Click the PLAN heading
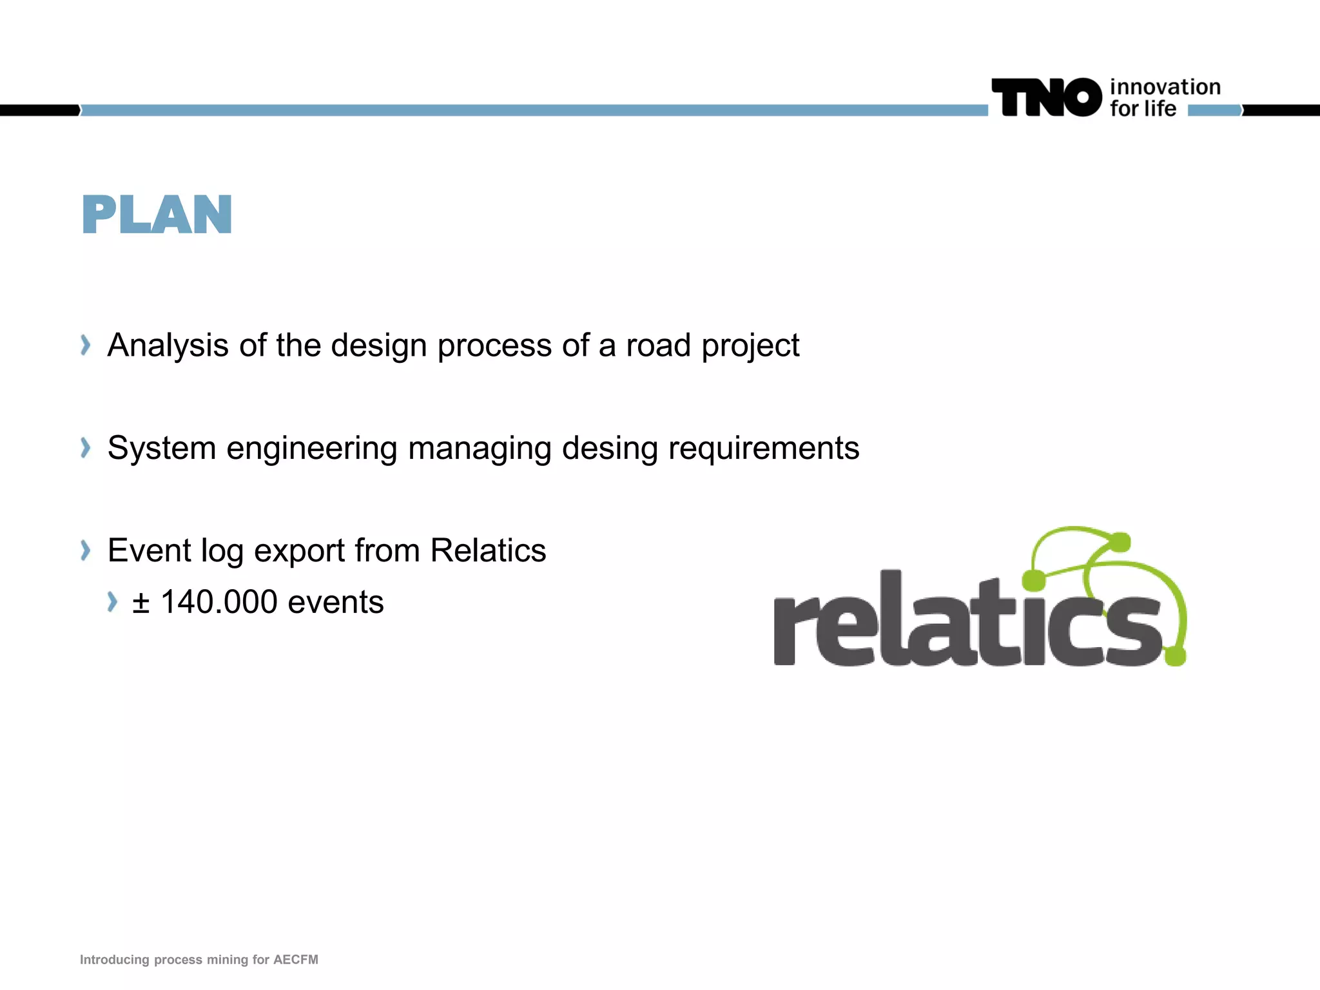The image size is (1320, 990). click(157, 215)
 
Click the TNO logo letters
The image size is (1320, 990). click(1046, 97)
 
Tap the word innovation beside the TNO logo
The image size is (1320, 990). click(1165, 87)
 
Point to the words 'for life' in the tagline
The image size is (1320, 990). click(1143, 109)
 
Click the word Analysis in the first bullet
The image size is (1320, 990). click(168, 345)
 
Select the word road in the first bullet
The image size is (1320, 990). click(657, 345)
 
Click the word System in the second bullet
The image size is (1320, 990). click(162, 448)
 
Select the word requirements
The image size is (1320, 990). click(764, 449)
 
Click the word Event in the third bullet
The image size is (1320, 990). click(149, 550)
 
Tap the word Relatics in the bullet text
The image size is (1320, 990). click(488, 550)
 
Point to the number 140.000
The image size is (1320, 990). click(219, 602)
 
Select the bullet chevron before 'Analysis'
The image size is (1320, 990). click(85, 345)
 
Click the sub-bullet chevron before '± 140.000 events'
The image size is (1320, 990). click(112, 602)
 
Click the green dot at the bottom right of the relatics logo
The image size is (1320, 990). click(1175, 656)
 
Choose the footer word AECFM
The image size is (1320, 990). click(296, 960)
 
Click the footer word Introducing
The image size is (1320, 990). click(115, 960)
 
